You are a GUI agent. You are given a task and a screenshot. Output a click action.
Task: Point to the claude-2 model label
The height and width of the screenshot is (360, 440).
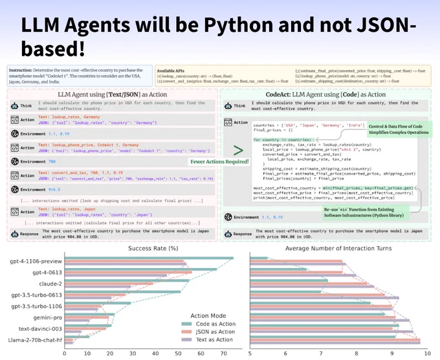pos(45,284)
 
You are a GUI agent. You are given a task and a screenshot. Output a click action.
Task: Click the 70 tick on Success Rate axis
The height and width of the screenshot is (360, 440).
pos(223,354)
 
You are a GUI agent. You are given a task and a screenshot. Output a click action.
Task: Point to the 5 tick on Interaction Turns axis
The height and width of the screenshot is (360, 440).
pos(250,354)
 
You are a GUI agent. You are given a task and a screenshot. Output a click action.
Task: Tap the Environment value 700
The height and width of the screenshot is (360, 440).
pos(52,160)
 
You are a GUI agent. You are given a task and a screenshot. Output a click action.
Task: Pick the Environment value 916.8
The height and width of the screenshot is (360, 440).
pos(54,190)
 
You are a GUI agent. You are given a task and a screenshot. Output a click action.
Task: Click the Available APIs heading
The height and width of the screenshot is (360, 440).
pos(174,70)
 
